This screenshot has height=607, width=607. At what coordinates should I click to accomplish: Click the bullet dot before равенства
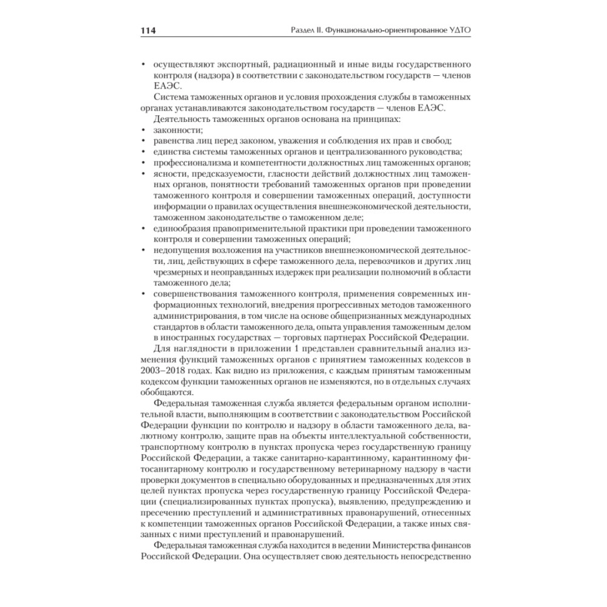143,141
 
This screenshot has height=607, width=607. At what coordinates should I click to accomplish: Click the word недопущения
180,250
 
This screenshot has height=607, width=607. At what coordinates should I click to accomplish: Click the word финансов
453,545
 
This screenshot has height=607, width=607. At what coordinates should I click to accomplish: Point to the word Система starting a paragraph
172,97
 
